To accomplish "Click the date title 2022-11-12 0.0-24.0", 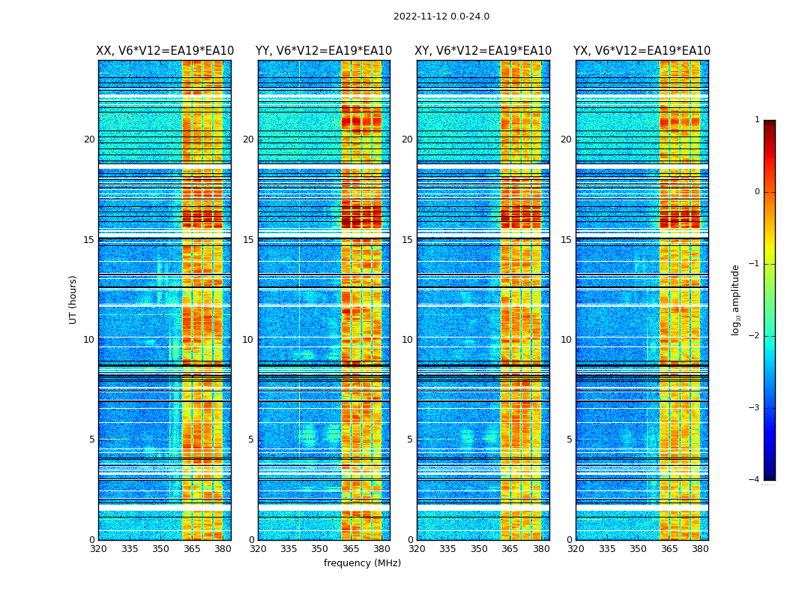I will click(441, 16).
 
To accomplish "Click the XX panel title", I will click(165, 51).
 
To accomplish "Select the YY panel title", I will click(324, 51).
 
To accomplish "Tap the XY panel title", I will click(483, 51).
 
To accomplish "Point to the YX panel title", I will click(642, 51).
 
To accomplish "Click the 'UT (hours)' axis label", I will click(73, 299).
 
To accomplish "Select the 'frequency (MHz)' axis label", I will click(362, 563).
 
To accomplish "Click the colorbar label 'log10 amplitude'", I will click(736, 299).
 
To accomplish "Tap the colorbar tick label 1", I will click(757, 120).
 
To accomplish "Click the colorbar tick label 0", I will click(757, 192).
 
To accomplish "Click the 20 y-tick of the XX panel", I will click(89, 139).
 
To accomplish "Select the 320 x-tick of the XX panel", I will click(98, 549).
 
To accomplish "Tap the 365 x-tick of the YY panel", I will click(351, 549).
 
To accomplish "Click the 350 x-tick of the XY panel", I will click(479, 549).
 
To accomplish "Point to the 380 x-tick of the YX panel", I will click(700, 549).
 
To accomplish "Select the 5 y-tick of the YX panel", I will click(569, 439).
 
